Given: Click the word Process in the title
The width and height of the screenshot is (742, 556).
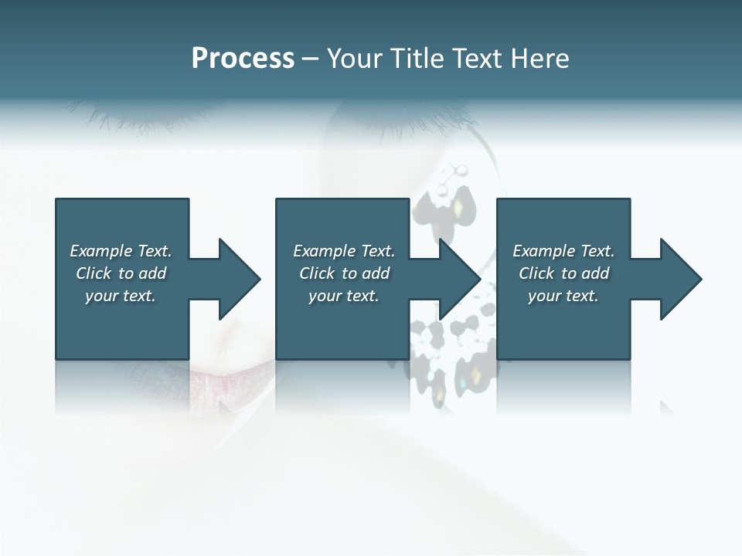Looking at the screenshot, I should [243, 59].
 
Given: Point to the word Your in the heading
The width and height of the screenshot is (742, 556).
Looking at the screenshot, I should [356, 59].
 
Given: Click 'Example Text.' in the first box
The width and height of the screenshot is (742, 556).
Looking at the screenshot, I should [121, 251].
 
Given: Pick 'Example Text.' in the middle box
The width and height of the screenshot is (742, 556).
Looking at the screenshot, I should [344, 251].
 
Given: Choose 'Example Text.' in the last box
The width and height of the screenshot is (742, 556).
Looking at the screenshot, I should [563, 251].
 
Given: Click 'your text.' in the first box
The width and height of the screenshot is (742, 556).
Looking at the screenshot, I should [121, 296].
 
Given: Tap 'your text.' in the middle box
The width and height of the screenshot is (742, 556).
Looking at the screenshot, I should [344, 296].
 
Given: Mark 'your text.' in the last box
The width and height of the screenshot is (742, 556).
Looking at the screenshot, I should [563, 296].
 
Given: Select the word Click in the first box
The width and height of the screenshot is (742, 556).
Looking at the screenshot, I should [94, 273].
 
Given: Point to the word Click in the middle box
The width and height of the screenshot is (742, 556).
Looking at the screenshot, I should [317, 273].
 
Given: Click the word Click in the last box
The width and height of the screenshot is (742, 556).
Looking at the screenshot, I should [536, 273].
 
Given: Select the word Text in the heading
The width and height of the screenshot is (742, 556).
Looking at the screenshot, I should [476, 59].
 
